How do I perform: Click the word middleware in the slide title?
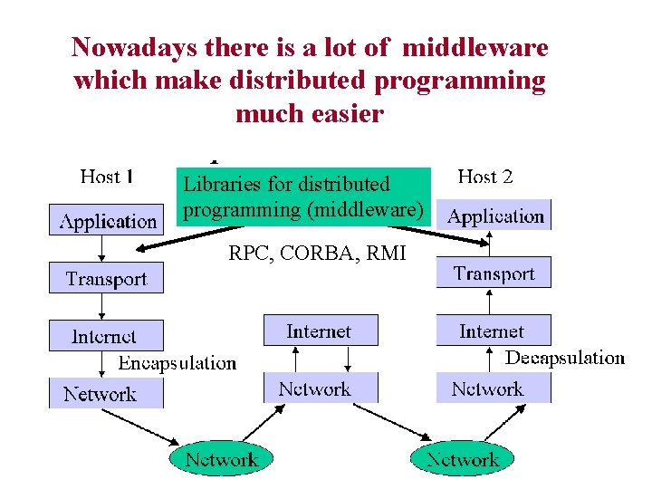[x=475, y=47]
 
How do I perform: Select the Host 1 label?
[x=107, y=177]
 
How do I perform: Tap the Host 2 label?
[x=485, y=177]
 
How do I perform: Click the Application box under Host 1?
[x=108, y=221]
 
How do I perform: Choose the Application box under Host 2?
[x=495, y=216]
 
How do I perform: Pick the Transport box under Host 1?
[x=106, y=279]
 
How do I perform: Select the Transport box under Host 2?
[x=494, y=273]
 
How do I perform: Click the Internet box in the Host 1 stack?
[x=105, y=336]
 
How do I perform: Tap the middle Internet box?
[x=320, y=331]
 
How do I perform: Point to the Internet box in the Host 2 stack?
[x=492, y=331]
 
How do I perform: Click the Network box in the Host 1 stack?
[x=101, y=394]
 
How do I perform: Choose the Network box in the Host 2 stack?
[x=488, y=389]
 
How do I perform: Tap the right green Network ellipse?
[x=463, y=460]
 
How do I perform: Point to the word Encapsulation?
[x=177, y=363]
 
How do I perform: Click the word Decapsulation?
[x=564, y=358]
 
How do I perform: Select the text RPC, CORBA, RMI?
[x=317, y=254]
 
